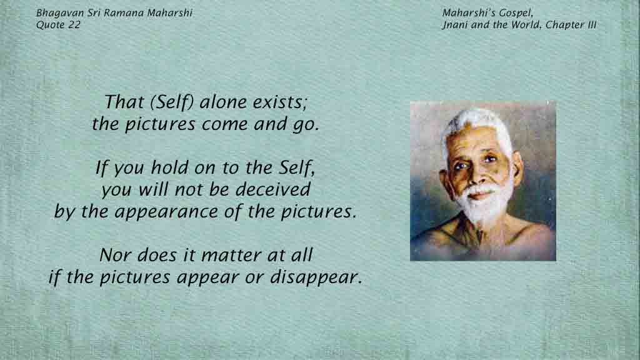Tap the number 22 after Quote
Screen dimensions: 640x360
[x=74, y=25]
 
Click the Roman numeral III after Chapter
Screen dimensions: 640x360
[x=592, y=25]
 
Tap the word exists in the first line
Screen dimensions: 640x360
[x=279, y=102]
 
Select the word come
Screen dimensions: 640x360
[x=224, y=124]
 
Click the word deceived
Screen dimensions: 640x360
[x=273, y=189]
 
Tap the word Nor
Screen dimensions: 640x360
[x=115, y=256]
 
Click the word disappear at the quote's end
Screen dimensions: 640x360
[x=316, y=277]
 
